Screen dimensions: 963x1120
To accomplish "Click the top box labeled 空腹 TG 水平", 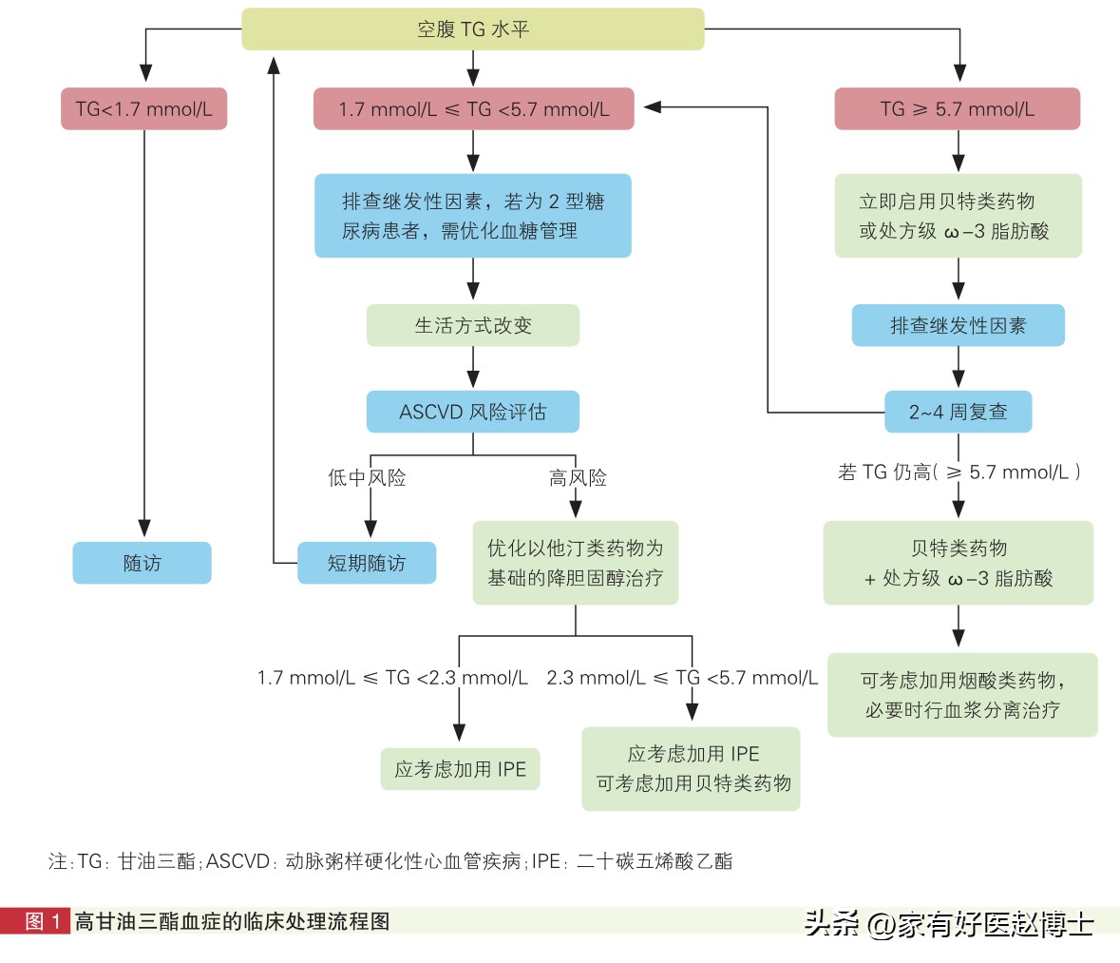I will click(x=472, y=29).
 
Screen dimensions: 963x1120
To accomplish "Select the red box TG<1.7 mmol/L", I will click(x=144, y=109).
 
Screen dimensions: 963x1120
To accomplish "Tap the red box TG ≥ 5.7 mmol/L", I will click(x=957, y=109).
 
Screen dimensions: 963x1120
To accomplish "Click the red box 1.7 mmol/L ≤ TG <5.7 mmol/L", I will click(x=473, y=109).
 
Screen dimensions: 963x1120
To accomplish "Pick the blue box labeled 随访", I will click(x=142, y=563).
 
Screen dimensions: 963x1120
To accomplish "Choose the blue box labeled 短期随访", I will click(x=367, y=563).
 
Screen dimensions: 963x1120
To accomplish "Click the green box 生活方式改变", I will click(x=472, y=325).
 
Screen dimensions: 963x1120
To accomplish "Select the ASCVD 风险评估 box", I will click(x=472, y=412).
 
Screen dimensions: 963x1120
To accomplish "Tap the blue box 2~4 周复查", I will click(x=958, y=412).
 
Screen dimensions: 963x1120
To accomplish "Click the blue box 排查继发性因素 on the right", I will click(x=958, y=325).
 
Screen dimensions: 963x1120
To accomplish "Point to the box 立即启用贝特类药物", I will click(x=958, y=216).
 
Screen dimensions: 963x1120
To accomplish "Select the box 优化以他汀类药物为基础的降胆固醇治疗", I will click(x=576, y=563).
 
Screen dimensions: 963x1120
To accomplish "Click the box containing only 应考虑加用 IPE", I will click(x=460, y=769).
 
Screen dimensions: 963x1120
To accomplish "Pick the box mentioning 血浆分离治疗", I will click(x=962, y=695).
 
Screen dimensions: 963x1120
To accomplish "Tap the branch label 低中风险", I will click(x=367, y=478).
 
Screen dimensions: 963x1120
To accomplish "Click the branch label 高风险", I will click(x=578, y=478).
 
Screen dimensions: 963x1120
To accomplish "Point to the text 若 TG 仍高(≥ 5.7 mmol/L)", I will click(x=959, y=472).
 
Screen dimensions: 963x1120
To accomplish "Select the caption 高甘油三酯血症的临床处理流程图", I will click(x=233, y=920).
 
